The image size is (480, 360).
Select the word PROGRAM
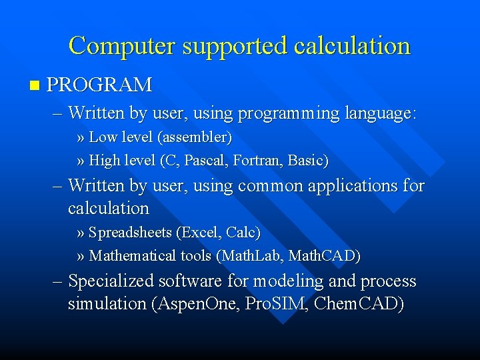[100, 85]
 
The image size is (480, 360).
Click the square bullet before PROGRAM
[35, 85]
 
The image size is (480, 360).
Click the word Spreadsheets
[130, 233]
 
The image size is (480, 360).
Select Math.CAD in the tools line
[323, 256]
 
